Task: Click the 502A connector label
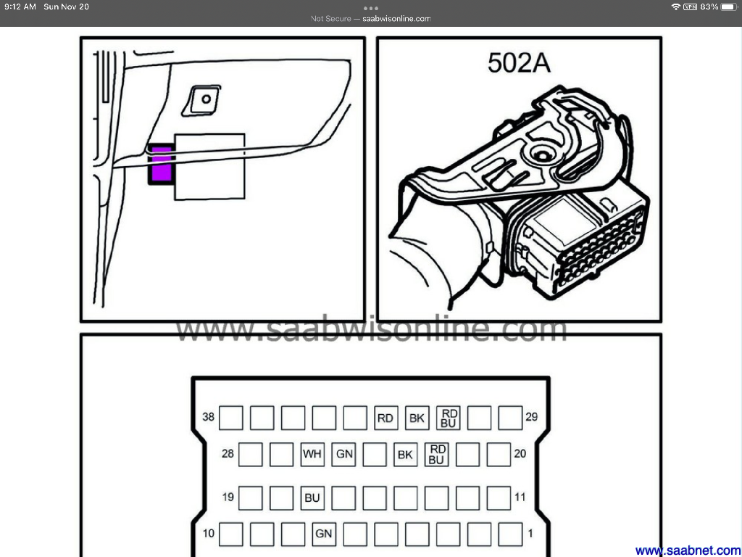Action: (519, 63)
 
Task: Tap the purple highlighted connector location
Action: (161, 164)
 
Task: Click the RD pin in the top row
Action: (385, 418)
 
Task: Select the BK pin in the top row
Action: (417, 418)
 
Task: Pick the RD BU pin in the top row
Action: (448, 418)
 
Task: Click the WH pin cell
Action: (312, 454)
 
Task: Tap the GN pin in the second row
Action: (343, 454)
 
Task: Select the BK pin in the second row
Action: (405, 454)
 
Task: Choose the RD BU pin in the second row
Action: (436, 454)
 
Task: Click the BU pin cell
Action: (312, 498)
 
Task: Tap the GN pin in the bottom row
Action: (324, 534)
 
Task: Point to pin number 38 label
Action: (208, 417)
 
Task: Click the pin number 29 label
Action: (531, 417)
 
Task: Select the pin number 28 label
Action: (228, 454)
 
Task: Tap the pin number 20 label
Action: (520, 454)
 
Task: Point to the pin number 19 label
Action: (228, 497)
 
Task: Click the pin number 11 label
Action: (520, 497)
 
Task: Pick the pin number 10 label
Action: (208, 533)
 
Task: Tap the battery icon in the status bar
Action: (729, 7)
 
